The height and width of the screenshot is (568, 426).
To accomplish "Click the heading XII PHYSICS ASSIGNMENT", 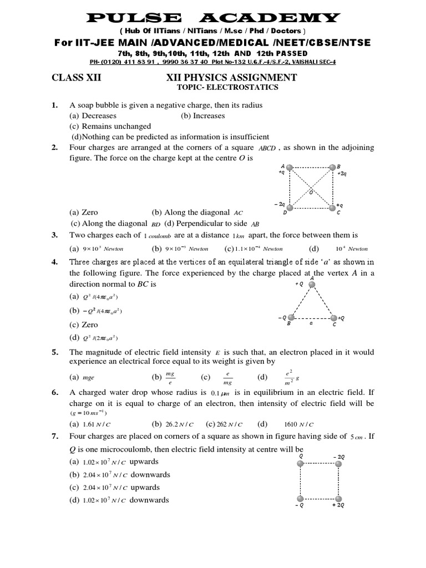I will click(231, 78).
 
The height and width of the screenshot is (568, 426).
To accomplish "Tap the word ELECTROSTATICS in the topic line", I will click(247, 88).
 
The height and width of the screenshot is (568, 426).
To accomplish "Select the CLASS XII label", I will click(77, 78).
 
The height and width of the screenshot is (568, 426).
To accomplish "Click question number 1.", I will click(55, 105).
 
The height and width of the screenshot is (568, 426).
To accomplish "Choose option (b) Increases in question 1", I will click(202, 116).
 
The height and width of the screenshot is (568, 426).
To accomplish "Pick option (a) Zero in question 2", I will click(84, 212).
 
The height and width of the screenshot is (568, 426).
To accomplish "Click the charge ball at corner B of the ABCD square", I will click(332, 167).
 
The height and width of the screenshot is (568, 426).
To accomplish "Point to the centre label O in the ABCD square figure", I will click(311, 191).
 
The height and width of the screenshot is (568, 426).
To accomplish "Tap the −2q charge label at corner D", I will click(280, 204).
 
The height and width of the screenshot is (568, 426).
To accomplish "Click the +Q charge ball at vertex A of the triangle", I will click(312, 285).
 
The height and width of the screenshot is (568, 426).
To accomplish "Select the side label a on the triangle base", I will click(311, 324).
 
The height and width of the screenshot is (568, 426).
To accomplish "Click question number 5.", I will click(55, 353).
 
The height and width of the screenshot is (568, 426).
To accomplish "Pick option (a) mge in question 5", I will click(83, 378).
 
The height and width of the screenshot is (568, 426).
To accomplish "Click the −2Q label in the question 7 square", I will click(338, 457).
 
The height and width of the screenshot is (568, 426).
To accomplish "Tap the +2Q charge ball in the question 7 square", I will click(338, 498).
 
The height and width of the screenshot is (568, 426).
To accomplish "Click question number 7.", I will click(55, 437).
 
